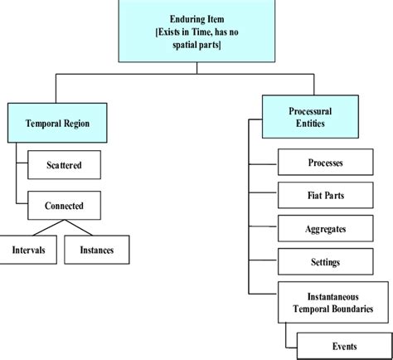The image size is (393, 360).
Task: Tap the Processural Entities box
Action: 304,114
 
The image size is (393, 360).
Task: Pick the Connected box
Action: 63,203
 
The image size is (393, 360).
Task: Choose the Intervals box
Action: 29,248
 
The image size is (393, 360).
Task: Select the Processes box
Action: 325,163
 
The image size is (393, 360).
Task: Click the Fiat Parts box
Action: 325,195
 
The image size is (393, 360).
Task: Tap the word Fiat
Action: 313,195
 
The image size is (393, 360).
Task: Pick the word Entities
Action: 304,124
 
